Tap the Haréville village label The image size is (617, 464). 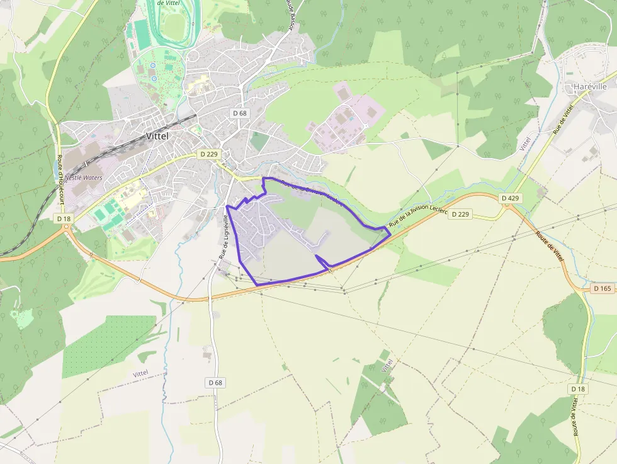click(x=590, y=86)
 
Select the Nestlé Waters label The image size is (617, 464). click(x=83, y=178)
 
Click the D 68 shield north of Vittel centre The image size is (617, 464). click(x=239, y=113)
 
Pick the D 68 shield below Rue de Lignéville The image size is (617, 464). click(x=215, y=382)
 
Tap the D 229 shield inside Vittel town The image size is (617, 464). click(x=208, y=154)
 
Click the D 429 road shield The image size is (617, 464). click(x=511, y=198)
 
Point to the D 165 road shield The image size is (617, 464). click(x=603, y=288)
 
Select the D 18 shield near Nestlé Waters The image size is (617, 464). click(x=64, y=218)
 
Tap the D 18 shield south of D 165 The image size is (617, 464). click(x=578, y=389)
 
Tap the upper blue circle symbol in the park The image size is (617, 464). click(x=153, y=65)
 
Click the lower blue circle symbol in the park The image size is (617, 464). click(x=153, y=79)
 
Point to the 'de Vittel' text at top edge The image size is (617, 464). click(x=169, y=3)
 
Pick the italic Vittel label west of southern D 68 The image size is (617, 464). click(x=141, y=373)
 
